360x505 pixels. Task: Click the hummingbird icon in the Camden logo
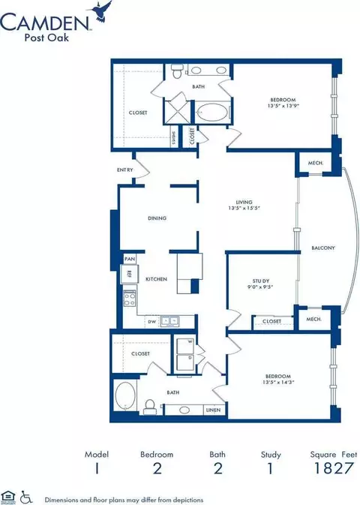coord(102,11)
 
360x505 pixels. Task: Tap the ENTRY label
coord(125,170)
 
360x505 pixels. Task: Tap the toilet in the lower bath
coord(150,405)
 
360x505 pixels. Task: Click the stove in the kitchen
coord(129,300)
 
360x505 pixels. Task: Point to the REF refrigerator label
coord(129,275)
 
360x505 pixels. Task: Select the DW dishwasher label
coord(152,322)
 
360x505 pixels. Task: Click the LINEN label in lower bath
coord(213,410)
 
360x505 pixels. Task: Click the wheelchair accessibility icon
coord(26,496)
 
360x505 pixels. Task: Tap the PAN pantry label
coord(129,259)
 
